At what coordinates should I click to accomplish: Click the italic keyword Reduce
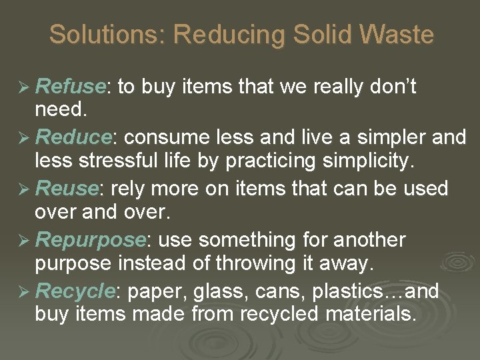point(73,138)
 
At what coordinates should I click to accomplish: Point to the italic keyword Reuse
point(66,189)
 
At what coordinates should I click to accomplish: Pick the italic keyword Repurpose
point(90,239)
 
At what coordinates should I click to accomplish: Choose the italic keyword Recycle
point(74,291)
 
